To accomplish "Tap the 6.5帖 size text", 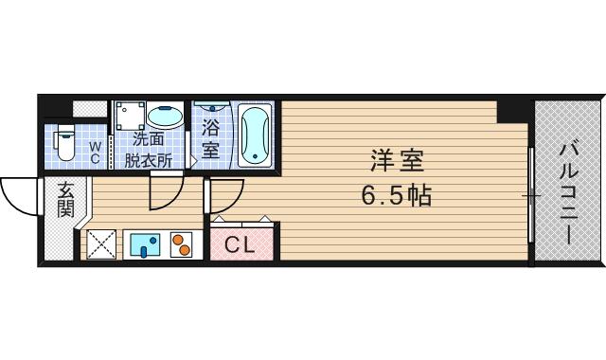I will [396, 196].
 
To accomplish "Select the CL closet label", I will [241, 245].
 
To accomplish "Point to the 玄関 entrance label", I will [64, 199].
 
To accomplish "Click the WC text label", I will [95, 153].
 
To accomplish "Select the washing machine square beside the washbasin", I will [130, 117].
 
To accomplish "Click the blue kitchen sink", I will [145, 245].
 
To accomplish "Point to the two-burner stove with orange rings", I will [181, 245].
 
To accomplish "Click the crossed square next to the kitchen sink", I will [102, 245].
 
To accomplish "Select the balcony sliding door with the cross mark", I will [533, 196].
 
